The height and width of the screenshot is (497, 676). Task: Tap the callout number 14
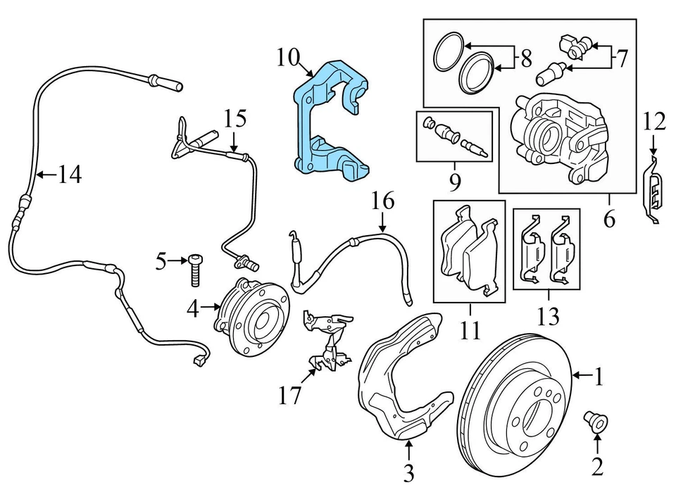click(x=70, y=174)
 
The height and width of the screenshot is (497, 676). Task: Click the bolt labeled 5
click(x=195, y=270)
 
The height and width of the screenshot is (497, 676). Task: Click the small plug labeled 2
click(x=596, y=422)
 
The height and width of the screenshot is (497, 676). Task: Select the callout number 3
click(x=409, y=474)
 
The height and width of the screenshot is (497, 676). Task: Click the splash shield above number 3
click(x=395, y=380)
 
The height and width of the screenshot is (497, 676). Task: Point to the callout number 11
click(x=470, y=329)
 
